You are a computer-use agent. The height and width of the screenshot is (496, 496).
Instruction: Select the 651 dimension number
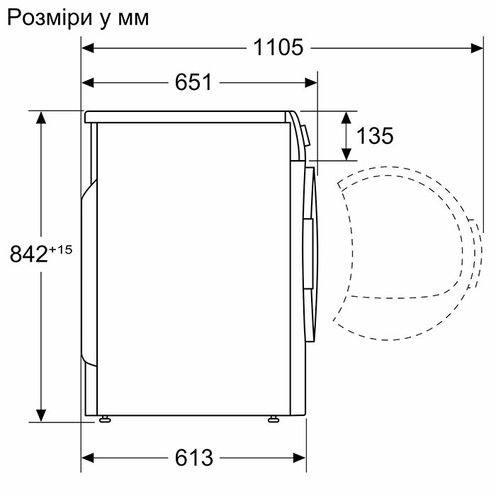tap(193, 82)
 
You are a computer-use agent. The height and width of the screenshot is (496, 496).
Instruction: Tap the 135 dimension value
tap(375, 136)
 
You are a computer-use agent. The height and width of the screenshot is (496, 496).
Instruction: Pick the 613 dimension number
tap(193, 458)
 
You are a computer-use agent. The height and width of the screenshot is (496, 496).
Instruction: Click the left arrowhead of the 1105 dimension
tap(88, 47)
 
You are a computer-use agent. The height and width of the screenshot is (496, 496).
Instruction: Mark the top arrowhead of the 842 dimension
tap(42, 118)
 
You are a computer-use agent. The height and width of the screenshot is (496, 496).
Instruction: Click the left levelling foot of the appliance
tap(106, 419)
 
